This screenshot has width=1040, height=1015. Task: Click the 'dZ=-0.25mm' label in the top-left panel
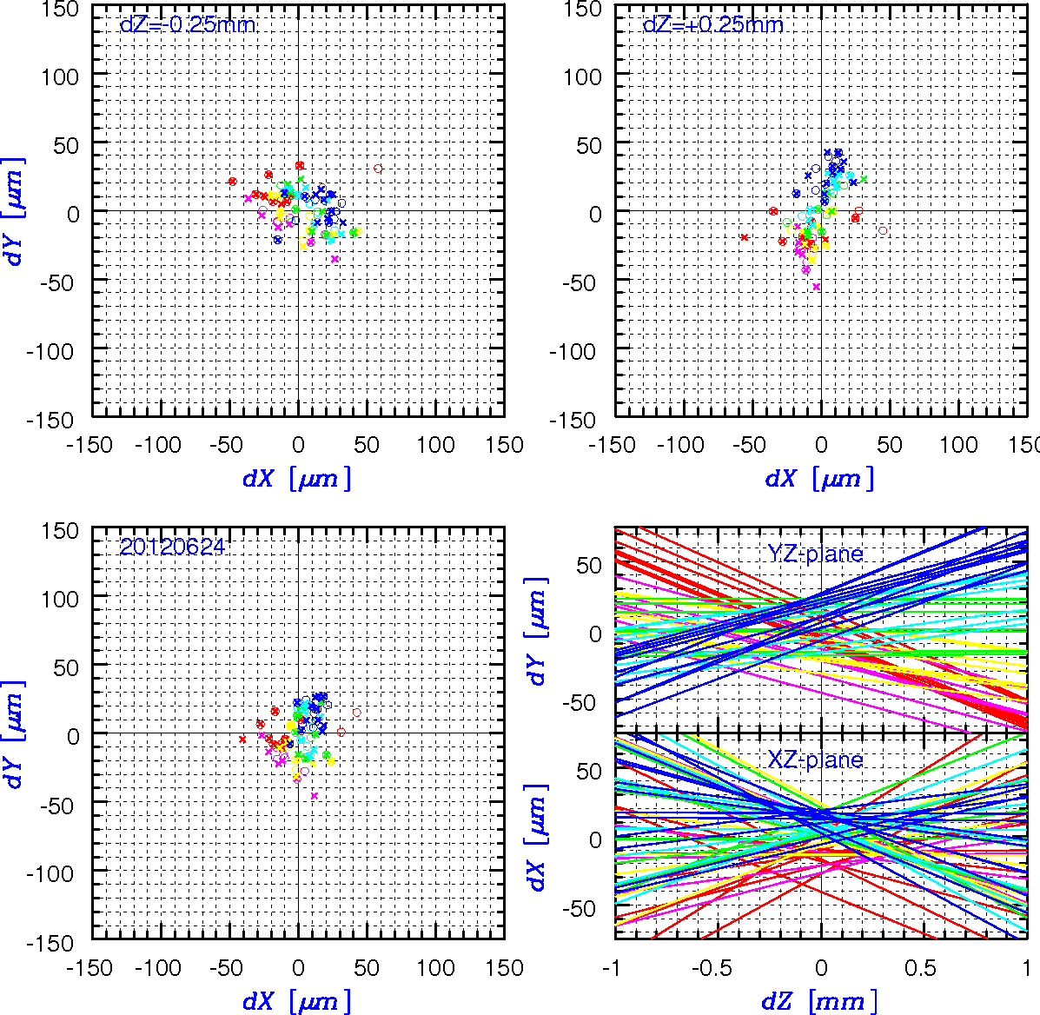point(188,25)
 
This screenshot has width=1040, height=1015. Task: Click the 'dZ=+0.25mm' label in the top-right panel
point(713,25)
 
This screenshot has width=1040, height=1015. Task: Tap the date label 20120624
point(172,547)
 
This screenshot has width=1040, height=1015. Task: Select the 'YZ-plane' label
point(815,554)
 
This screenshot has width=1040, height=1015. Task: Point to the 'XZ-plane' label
point(815,759)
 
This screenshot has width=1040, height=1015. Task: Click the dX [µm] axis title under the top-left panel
point(296,478)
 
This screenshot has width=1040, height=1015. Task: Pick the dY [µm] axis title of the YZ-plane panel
point(537,631)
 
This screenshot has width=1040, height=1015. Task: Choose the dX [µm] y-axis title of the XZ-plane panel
point(537,837)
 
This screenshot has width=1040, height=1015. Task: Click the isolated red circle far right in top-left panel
point(378,169)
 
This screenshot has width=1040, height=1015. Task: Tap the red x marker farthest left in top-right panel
point(745,237)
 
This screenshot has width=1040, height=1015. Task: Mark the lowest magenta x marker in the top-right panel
point(817,287)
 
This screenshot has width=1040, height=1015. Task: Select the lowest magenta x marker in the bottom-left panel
point(315,795)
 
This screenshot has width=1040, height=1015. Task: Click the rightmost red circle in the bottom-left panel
point(357,713)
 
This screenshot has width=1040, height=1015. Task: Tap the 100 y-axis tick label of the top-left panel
point(60,77)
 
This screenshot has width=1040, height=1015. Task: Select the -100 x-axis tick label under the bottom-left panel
point(158,968)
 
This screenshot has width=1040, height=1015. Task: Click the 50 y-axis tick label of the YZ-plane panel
point(588,566)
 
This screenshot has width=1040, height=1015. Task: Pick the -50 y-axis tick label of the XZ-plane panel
point(581,908)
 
